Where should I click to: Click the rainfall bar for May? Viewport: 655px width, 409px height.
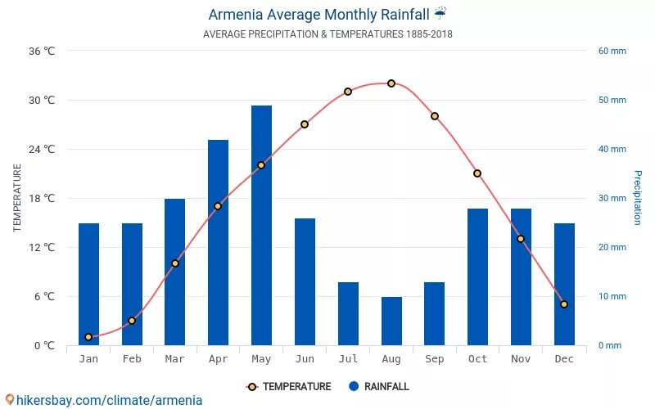(x=261, y=225)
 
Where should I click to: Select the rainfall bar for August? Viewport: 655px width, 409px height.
(x=391, y=321)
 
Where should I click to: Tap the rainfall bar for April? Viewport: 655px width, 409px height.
(x=218, y=242)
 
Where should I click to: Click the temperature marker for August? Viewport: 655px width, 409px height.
(x=391, y=83)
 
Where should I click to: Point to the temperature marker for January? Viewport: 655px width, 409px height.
(x=88, y=337)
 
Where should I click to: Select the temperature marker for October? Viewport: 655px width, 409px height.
(x=477, y=173)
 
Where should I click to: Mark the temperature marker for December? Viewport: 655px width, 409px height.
(x=564, y=304)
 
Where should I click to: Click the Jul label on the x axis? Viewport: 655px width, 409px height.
(x=348, y=359)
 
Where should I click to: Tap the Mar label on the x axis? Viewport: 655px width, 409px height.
(x=174, y=359)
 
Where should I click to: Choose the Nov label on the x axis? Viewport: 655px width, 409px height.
(x=521, y=359)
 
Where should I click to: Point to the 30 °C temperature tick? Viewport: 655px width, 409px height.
(x=42, y=101)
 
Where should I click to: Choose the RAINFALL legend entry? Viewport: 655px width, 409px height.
(x=378, y=387)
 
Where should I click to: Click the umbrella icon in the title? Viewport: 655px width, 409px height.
(x=440, y=13)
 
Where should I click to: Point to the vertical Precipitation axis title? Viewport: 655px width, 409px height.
(x=637, y=198)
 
